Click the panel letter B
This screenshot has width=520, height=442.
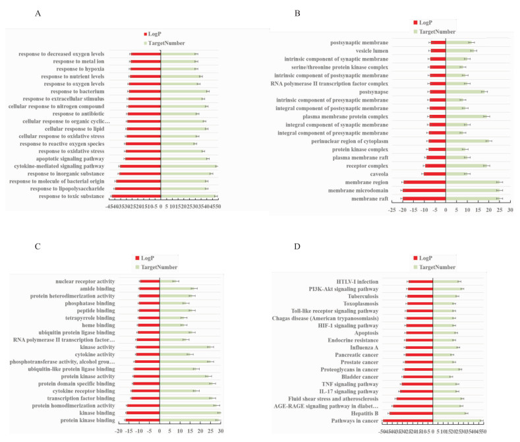click(297, 13)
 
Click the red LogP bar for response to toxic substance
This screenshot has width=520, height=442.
click(135, 197)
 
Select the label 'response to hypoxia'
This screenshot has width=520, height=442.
click(80, 69)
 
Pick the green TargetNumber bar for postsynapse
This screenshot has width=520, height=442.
click(465, 92)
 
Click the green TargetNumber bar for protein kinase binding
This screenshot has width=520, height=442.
click(188, 420)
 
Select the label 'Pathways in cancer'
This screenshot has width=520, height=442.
click(355, 421)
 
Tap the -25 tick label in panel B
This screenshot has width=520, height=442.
click(393, 209)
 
